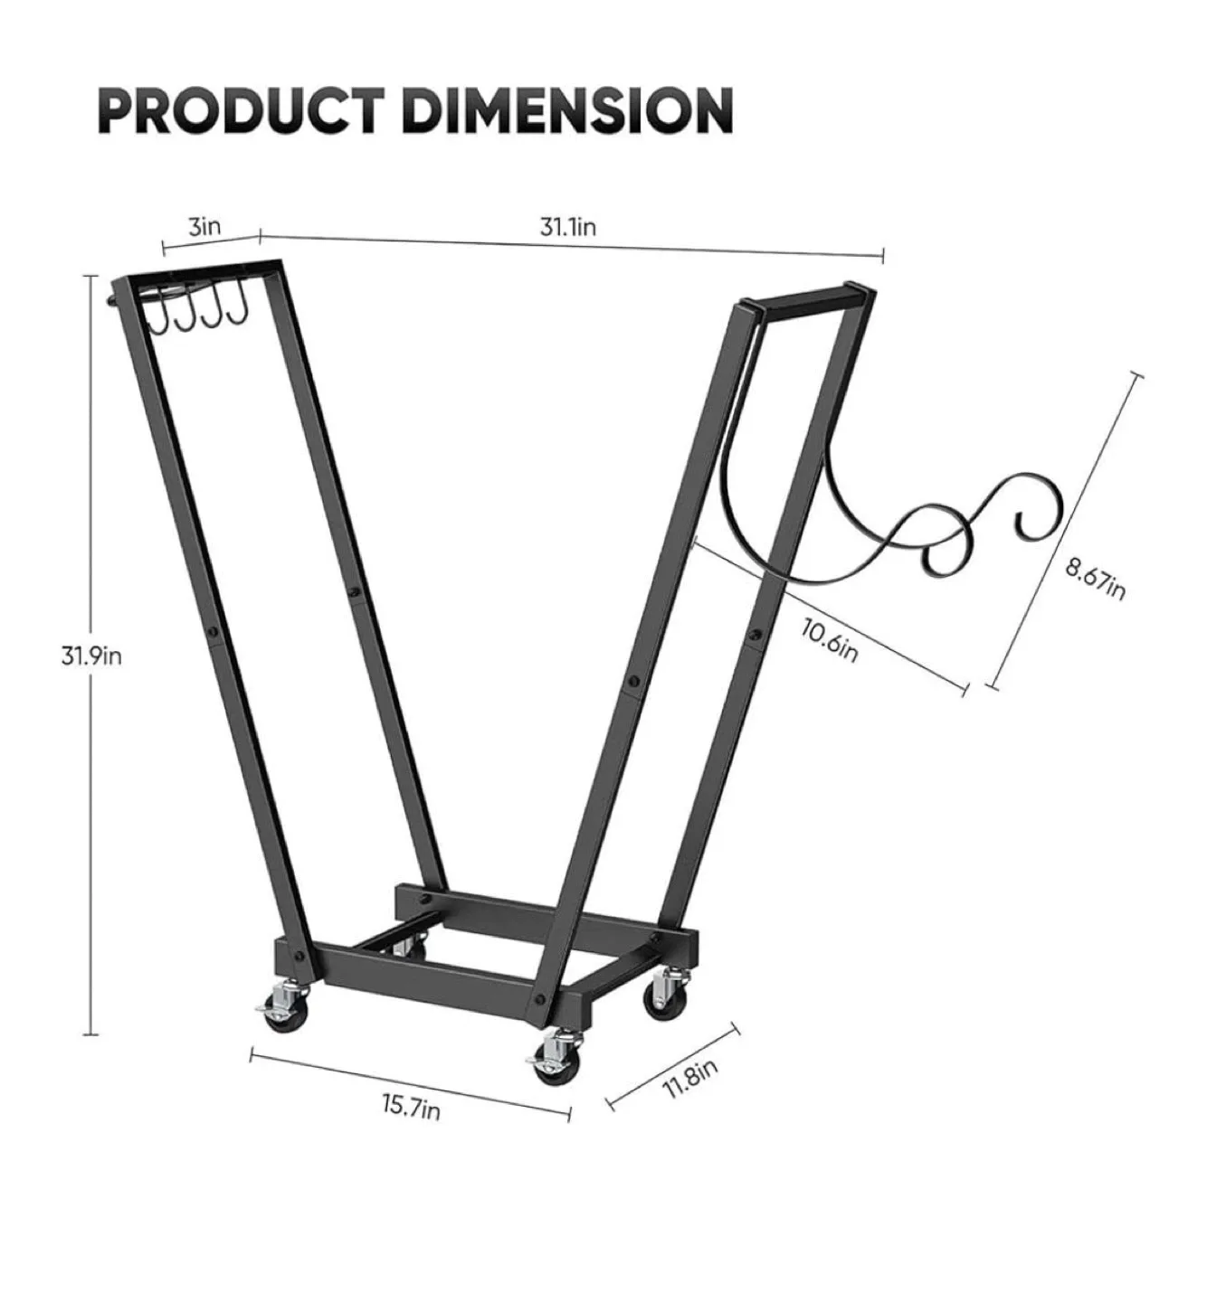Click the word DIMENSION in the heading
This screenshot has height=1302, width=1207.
(x=566, y=112)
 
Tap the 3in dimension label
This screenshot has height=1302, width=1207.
(x=204, y=225)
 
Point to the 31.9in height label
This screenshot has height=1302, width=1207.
(x=91, y=655)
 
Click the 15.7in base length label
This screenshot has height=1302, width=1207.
(x=411, y=1105)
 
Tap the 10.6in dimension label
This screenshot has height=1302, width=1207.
(x=829, y=640)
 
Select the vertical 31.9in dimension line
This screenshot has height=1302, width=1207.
(x=90, y=814)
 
